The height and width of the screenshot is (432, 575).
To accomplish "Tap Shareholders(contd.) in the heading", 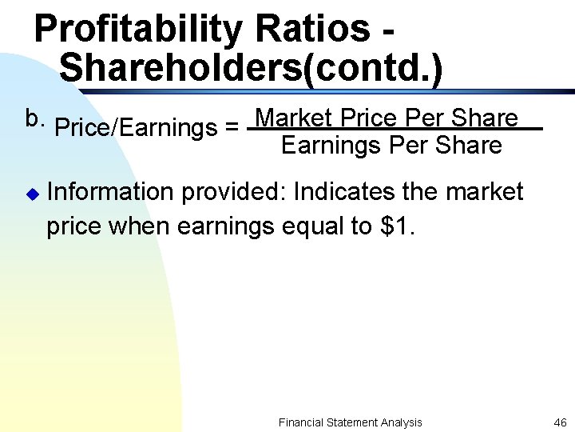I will tap(250, 68).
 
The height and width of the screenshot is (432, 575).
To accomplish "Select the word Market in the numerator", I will tap(295, 118).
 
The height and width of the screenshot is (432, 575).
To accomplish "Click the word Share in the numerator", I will tap(485, 118).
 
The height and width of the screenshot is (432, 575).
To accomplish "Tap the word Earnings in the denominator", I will tap(331, 146).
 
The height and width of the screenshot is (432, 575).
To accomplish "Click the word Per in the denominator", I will tap(406, 146).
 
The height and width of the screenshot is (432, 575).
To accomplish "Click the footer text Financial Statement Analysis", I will tap(350, 422).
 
